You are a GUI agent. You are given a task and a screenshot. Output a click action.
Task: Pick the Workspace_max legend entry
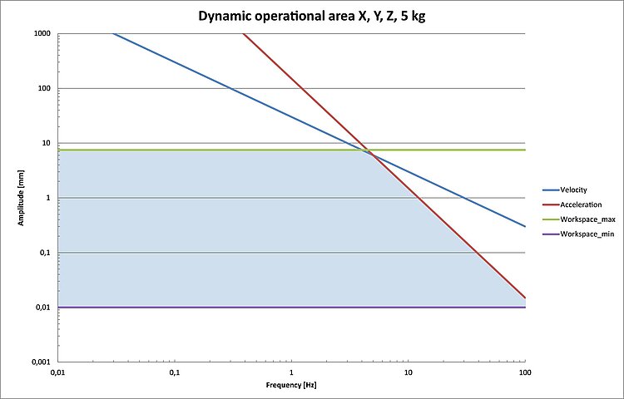tap(587, 219)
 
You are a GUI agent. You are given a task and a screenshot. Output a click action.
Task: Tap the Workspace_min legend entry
tap(587, 234)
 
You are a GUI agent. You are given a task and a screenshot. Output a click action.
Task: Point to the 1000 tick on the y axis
tap(42, 33)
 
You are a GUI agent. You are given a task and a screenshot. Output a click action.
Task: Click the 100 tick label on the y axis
tap(43, 88)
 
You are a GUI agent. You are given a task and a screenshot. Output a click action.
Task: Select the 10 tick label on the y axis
tap(46, 143)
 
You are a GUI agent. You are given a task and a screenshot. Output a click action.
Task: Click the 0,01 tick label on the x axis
tap(58, 373)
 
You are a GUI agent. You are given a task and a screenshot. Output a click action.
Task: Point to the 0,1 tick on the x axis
tap(175, 373)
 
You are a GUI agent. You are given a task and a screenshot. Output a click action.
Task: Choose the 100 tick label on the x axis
tap(524, 373)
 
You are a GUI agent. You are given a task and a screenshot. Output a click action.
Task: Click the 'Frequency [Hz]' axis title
tap(291, 386)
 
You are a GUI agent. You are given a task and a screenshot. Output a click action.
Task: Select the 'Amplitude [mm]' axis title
tap(22, 198)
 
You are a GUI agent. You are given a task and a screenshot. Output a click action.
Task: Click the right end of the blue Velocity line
tap(525, 226)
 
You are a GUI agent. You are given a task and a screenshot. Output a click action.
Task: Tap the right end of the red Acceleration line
tap(525, 298)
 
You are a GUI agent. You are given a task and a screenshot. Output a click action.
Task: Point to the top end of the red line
tap(243, 33)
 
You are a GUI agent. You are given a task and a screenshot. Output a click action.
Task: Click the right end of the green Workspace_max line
tap(525, 150)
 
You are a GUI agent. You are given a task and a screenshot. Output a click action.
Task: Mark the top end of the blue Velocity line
tap(112, 33)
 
